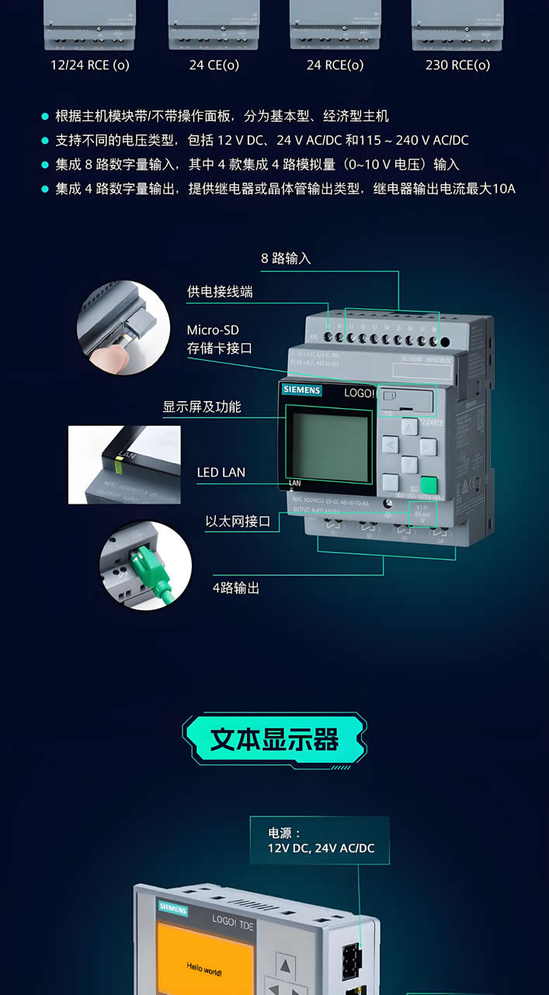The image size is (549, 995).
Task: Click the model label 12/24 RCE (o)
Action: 90,65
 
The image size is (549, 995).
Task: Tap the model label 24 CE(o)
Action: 214,65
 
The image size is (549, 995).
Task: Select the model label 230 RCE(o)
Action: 457,65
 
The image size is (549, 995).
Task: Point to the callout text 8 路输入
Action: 286,258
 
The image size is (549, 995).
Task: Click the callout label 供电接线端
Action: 220,292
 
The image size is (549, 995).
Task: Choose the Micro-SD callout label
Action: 213,330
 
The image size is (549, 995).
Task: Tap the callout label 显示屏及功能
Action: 202,407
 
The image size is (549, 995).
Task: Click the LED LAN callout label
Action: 221,472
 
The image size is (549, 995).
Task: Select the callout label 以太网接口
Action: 238,521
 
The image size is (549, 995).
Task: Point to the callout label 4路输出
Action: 236,588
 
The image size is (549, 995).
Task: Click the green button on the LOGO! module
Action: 429,485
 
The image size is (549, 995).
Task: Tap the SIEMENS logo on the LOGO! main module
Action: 301,390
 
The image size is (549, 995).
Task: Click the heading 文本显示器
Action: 274,738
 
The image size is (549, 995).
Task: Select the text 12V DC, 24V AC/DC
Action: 321,848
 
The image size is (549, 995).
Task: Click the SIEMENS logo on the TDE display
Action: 173,907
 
